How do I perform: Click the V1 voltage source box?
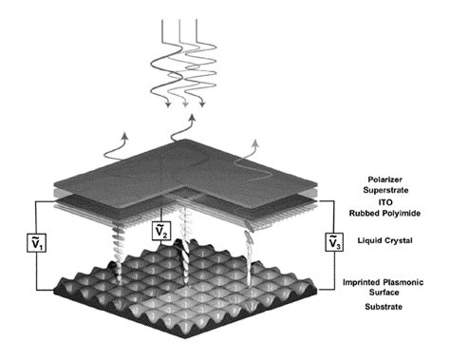click(37, 243)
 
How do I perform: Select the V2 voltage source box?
click(161, 231)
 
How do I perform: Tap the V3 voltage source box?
click(334, 242)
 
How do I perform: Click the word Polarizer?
click(384, 180)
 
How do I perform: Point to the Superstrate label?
click(385, 190)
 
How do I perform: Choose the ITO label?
click(385, 202)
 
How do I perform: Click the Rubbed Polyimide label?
click(384, 213)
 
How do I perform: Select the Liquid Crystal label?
click(384, 240)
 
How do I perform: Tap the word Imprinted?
click(361, 282)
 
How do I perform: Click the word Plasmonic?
click(403, 282)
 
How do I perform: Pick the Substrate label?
click(384, 307)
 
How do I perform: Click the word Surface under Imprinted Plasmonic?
click(384, 292)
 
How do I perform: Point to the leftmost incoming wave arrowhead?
click(168, 104)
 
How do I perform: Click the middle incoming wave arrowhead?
click(185, 104)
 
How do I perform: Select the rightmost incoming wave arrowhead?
click(202, 104)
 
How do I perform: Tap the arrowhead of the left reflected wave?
click(125, 135)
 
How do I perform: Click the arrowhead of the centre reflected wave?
click(192, 118)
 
